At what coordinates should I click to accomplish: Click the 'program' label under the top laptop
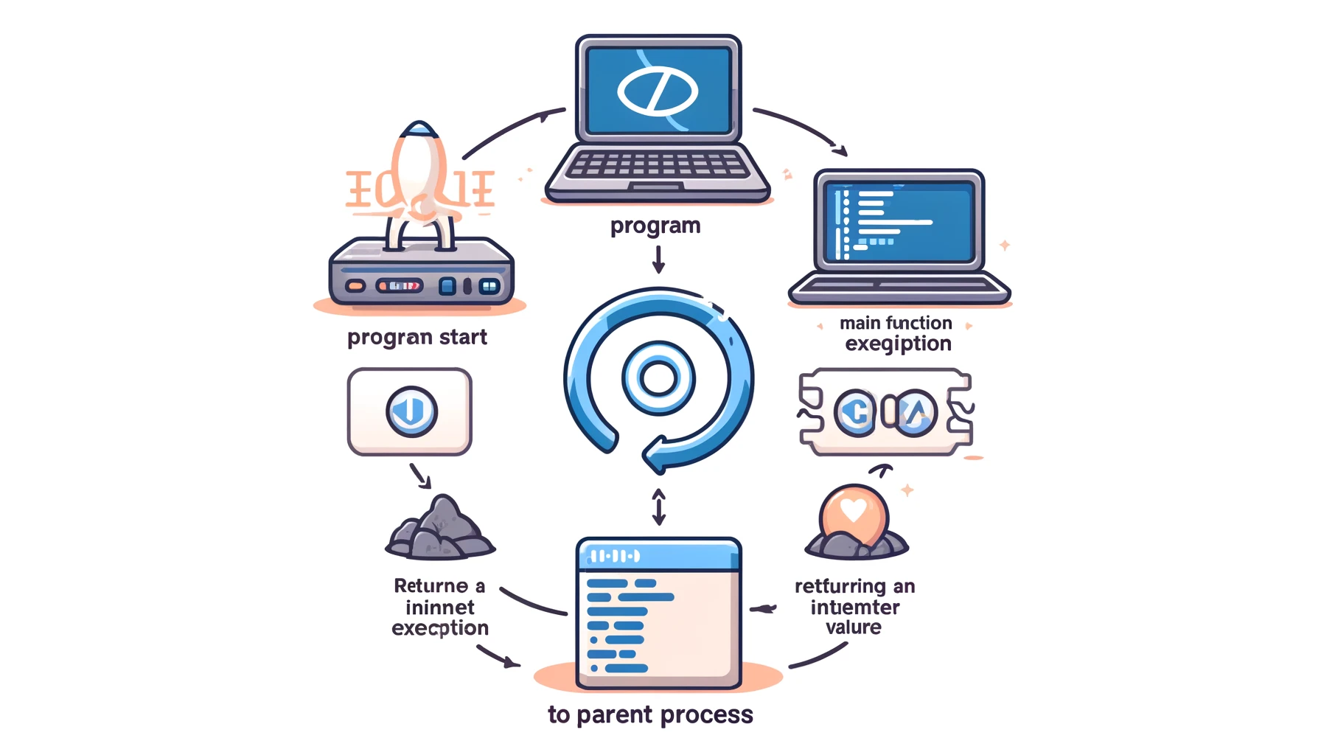pos(655,226)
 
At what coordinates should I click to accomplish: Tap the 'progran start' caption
pos(417,337)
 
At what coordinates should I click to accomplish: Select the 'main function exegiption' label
pos(896,333)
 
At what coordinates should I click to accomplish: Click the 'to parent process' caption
pos(650,714)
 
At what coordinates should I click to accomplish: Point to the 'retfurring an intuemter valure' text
pos(854,607)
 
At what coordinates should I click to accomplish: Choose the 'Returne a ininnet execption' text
pos(440,607)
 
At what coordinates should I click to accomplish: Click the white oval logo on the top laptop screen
pos(658,91)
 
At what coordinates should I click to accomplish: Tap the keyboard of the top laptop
pos(657,164)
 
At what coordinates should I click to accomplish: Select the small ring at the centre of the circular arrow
pos(658,379)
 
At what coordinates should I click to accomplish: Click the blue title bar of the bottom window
pos(658,555)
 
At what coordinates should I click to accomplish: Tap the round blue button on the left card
pos(411,411)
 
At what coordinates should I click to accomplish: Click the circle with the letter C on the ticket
pos(855,413)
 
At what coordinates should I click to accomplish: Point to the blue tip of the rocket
pos(419,129)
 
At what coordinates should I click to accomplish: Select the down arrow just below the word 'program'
pos(658,260)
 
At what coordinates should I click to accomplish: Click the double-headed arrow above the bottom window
pos(659,507)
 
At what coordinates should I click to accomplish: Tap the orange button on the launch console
pos(355,285)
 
